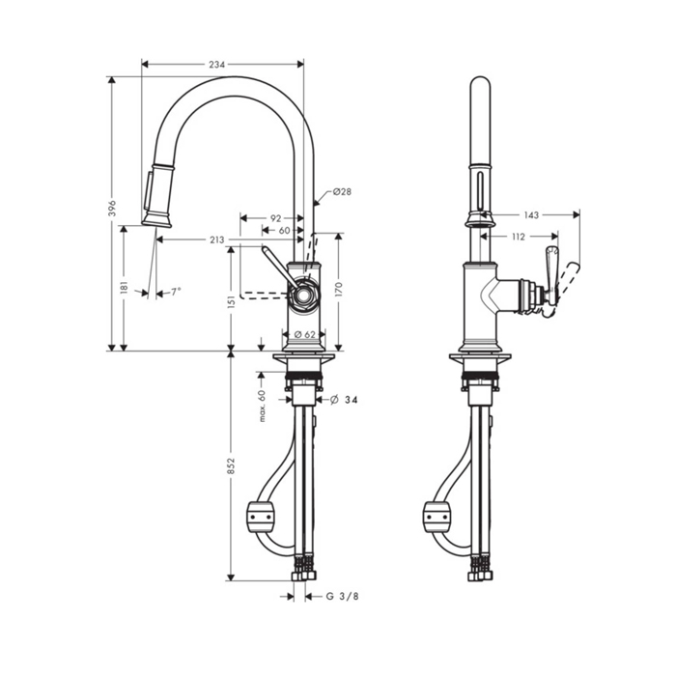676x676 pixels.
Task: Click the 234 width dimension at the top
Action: click(x=217, y=65)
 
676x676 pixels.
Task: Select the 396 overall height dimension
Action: click(x=113, y=208)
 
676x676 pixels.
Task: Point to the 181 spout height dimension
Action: click(x=125, y=289)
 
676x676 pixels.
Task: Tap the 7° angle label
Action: click(x=176, y=292)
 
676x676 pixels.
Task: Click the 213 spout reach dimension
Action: click(x=217, y=239)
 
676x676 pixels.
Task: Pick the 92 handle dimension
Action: click(x=275, y=218)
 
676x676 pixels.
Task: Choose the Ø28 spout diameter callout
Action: click(x=342, y=191)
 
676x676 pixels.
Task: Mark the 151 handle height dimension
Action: click(x=232, y=302)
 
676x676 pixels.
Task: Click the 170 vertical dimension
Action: click(x=338, y=290)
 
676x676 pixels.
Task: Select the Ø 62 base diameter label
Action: click(x=305, y=334)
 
